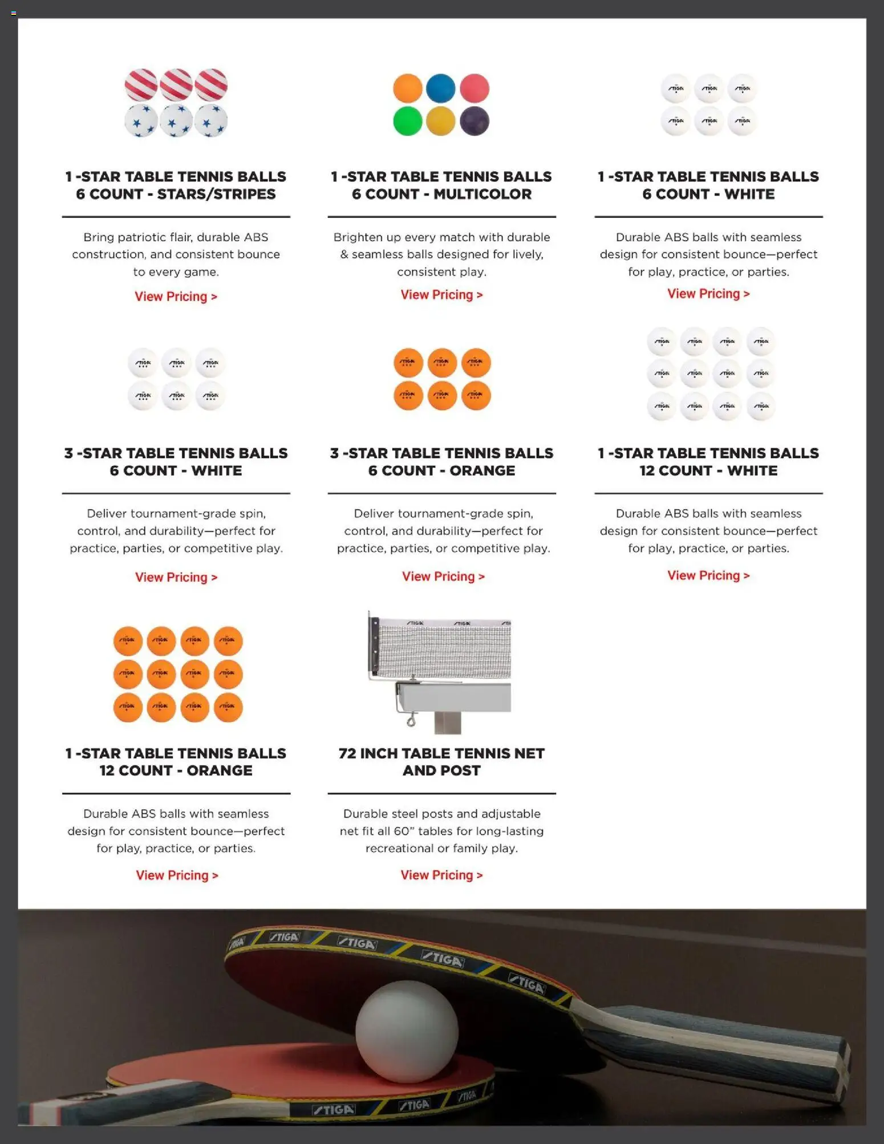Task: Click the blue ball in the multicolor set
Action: [x=440, y=88]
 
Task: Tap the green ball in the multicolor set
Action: [x=408, y=121]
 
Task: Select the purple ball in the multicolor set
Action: [x=475, y=121]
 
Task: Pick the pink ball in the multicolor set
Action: [x=475, y=88]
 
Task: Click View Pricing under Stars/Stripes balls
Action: [x=176, y=297]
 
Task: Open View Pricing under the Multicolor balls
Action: [x=441, y=295]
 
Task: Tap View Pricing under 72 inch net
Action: [x=441, y=875]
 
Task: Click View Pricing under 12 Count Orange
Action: [x=177, y=875]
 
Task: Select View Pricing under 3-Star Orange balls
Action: [x=443, y=577]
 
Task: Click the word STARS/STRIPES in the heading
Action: [x=216, y=194]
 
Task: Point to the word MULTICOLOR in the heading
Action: [x=482, y=194]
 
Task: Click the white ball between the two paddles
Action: [x=407, y=1031]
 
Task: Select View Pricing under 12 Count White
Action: [x=708, y=575]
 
